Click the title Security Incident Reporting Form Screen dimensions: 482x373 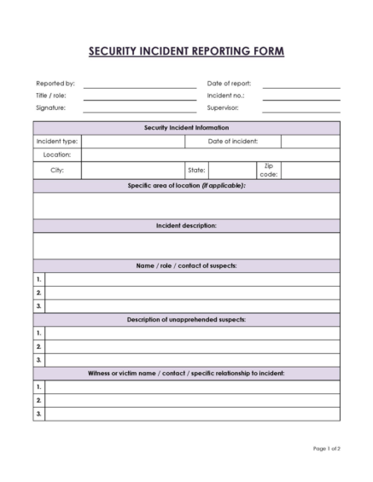[x=186, y=51]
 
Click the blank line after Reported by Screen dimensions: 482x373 [x=139, y=85]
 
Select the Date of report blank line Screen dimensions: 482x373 [x=300, y=85]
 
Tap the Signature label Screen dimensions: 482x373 [x=50, y=108]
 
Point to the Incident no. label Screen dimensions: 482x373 [x=225, y=96]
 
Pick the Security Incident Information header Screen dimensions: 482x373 [x=186, y=128]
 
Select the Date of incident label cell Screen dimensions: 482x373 [x=233, y=142]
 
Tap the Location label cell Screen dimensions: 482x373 [x=57, y=155]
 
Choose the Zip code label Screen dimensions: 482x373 [x=268, y=171]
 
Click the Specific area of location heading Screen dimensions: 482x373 [x=186, y=186]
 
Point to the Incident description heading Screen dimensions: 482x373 [x=186, y=226]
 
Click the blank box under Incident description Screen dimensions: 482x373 [x=186, y=246]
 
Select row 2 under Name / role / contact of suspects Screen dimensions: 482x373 [x=192, y=293]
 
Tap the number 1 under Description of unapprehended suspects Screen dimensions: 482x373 [x=38, y=333]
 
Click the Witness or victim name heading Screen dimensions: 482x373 [x=186, y=374]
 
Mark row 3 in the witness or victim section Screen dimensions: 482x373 [x=192, y=414]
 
